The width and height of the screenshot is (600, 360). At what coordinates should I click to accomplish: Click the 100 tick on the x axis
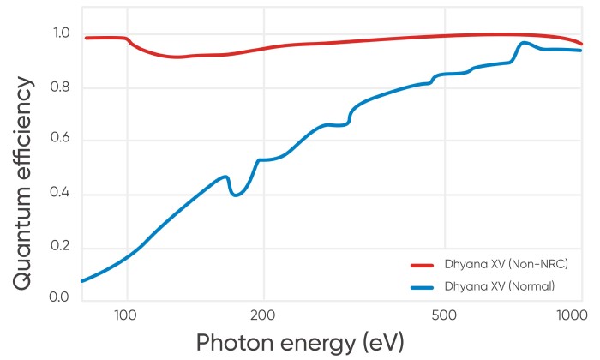click(x=127, y=315)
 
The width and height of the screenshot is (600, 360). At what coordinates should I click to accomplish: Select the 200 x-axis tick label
click(x=263, y=315)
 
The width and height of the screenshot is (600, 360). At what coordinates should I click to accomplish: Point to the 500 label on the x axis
click(x=443, y=315)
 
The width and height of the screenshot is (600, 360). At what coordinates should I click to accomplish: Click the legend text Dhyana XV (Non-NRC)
click(x=507, y=263)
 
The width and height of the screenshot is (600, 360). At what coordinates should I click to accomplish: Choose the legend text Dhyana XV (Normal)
click(x=500, y=285)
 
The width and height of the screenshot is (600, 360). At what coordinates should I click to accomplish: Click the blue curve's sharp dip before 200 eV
click(x=236, y=195)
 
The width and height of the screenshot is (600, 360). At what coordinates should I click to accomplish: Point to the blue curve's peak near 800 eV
click(x=524, y=43)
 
